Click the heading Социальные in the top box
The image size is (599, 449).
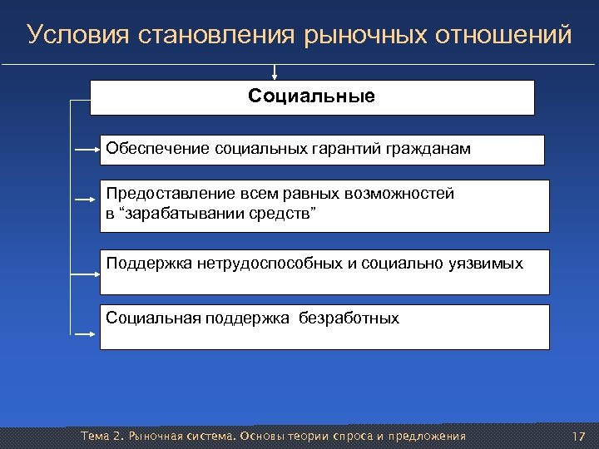tap(311, 96)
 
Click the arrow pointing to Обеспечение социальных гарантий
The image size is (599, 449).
tap(84, 150)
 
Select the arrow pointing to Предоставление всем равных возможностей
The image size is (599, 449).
tap(84, 200)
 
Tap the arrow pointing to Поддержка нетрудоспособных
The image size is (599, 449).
tap(84, 272)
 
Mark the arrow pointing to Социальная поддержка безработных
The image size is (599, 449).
tap(84, 334)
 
